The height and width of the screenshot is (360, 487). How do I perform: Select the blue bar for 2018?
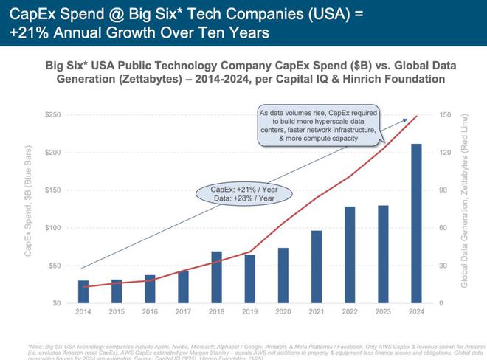(x=217, y=277)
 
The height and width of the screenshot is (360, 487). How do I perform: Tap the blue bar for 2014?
(x=83, y=291)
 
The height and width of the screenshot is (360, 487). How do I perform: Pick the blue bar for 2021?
(x=317, y=267)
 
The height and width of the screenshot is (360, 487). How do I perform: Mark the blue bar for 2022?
(x=350, y=255)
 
